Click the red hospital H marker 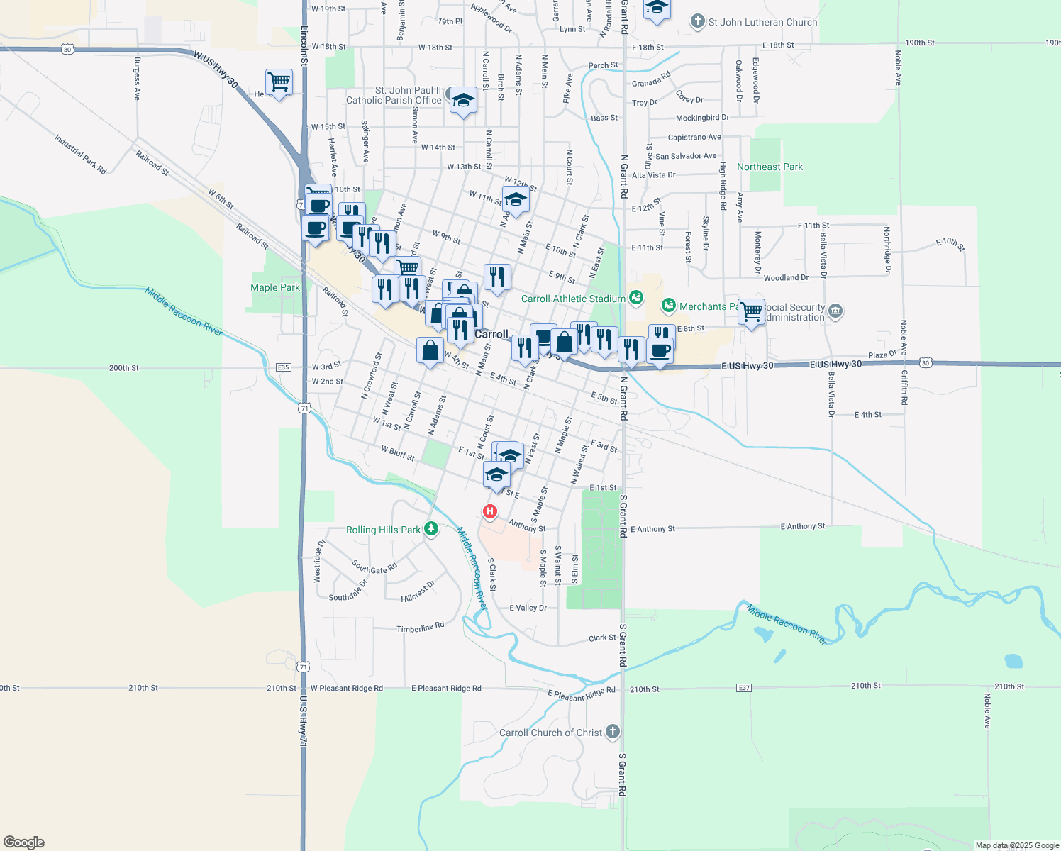(489, 511)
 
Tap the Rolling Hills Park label (383, 530)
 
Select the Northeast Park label (770, 167)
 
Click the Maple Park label (274, 287)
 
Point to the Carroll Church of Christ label (550, 733)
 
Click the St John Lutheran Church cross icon (698, 21)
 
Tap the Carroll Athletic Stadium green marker (635, 299)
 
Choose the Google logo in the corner (23, 842)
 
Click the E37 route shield (743, 688)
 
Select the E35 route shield (284, 367)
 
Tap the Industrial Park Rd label (80, 154)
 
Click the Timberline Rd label (420, 627)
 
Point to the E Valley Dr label (528, 608)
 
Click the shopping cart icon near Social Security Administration (751, 311)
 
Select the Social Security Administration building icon (835, 311)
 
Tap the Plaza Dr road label (882, 355)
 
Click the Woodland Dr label (786, 278)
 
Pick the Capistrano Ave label (694, 137)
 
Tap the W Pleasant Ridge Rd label (347, 688)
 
